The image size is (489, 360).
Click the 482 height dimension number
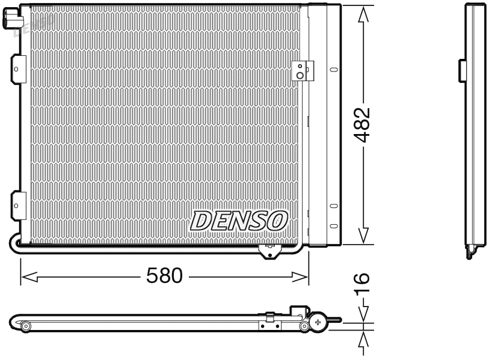pos(361,124)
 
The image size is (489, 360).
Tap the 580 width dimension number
pos(164,276)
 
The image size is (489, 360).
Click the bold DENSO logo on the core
pos(239,221)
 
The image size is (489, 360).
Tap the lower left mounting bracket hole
pos(16,206)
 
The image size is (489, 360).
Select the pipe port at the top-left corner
pos(10,22)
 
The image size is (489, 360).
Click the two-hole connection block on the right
pos(299,71)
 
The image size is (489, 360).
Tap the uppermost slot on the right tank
pos(333,70)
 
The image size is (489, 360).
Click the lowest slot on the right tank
pos(333,226)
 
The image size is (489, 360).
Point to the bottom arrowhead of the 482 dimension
pos(362,236)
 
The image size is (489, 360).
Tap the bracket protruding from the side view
pos(463,70)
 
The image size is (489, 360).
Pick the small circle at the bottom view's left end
pos(26,326)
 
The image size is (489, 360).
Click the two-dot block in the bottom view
pos(269,326)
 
